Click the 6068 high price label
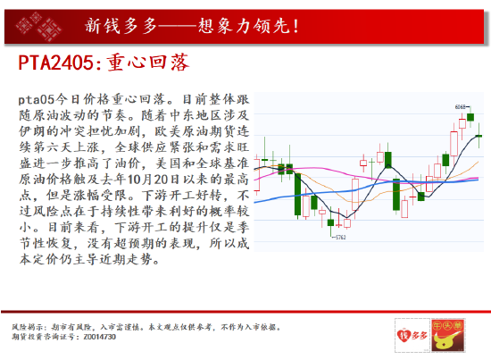coord(461,107)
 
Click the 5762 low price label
coord(341,239)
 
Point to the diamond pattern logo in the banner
coord(36,23)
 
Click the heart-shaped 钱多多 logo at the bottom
coord(408,335)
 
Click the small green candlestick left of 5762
coord(329,223)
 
